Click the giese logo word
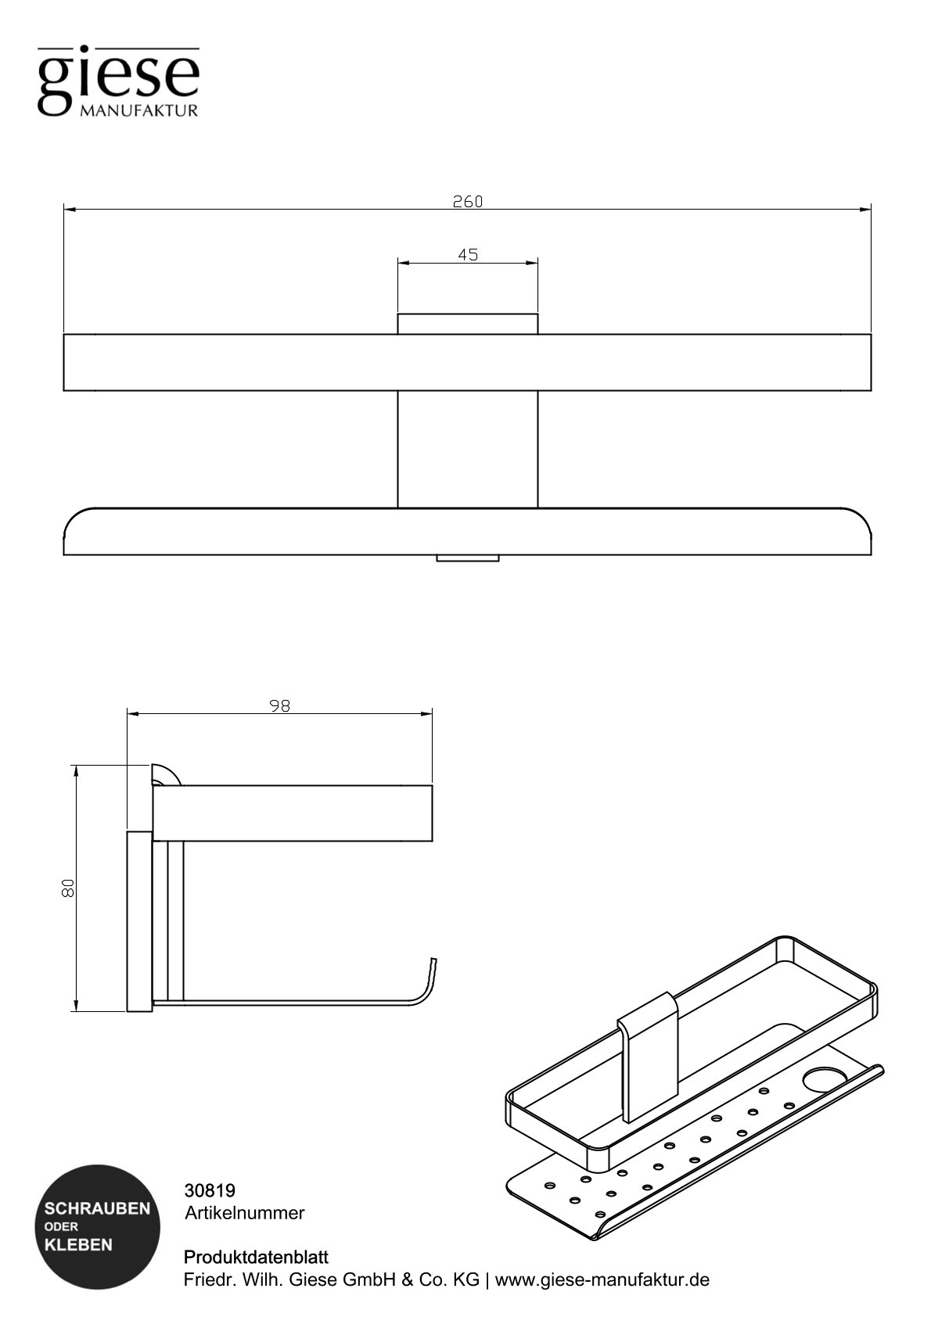118,78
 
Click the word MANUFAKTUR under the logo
138,111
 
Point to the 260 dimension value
468,201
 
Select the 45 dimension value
468,254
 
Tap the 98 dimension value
279,705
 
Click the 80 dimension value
68,888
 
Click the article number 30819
210,1190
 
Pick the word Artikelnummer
244,1213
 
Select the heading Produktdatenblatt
256,1258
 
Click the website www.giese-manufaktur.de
602,1280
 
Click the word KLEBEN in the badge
78,1244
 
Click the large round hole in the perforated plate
819,1079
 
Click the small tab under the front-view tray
468,558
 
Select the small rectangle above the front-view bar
468,324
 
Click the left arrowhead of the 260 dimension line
69,210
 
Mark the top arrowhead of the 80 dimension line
76,770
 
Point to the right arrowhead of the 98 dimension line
428,713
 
